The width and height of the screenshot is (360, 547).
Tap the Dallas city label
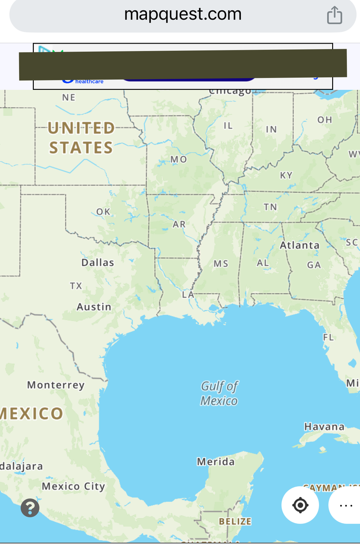point(98,262)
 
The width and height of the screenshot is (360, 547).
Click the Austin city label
point(94,307)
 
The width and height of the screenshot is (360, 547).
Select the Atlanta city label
point(299,245)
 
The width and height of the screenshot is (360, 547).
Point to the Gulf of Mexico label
point(219,393)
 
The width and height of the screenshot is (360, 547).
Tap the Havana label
point(324,426)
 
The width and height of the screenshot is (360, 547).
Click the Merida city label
point(216,462)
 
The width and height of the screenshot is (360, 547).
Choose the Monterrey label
point(56,385)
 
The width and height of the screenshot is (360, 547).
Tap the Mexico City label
point(73,486)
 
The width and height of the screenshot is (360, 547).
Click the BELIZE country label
point(235,521)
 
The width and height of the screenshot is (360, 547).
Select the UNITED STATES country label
point(81,138)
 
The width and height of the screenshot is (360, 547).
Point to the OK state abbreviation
point(103,212)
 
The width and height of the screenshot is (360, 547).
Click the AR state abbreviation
point(179,224)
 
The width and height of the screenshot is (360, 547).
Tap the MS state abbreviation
point(221,264)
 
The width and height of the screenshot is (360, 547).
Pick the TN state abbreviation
point(270,207)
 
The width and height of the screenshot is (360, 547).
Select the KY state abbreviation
point(286,175)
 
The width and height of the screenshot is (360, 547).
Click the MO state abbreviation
point(179,159)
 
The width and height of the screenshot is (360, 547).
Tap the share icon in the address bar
point(334,15)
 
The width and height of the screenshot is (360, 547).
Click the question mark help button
point(30,508)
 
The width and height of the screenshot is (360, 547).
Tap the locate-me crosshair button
point(300,505)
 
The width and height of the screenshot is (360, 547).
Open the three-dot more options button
point(345,505)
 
